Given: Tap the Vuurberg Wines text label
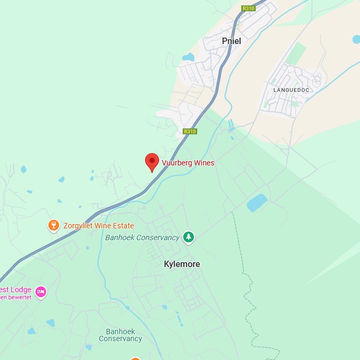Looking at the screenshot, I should click(188, 163).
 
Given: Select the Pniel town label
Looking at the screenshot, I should click(232, 41).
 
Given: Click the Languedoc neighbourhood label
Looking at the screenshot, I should click(291, 90).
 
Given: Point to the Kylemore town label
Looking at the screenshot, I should click(182, 264).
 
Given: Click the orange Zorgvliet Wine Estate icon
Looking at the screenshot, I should click(53, 225).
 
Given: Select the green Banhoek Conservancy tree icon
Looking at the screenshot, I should click(188, 236).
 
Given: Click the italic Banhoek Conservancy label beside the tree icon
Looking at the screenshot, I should click(142, 237).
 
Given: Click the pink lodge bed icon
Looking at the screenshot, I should click(41, 292).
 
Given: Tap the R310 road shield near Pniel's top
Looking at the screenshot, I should click(248, 8).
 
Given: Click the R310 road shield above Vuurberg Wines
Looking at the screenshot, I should click(190, 131).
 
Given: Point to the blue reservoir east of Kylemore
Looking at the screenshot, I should click(257, 203).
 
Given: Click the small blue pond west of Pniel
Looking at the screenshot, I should click(188, 57).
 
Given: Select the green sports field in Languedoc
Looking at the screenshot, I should click(296, 53).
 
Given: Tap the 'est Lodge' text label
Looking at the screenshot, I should click(16, 290).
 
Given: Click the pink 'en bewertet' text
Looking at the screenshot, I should click(16, 297).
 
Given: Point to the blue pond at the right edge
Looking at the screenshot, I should click(356, 39).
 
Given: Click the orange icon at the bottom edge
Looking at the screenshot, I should click(135, 358).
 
